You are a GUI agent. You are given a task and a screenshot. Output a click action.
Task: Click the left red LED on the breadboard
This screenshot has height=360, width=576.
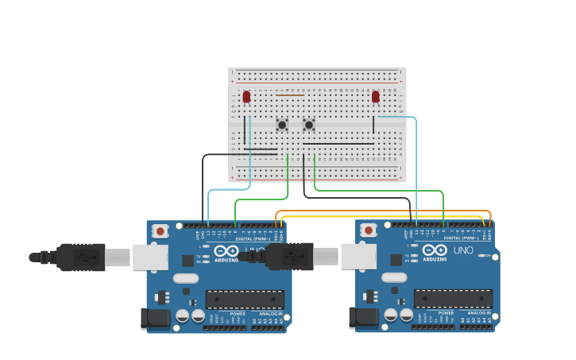246,97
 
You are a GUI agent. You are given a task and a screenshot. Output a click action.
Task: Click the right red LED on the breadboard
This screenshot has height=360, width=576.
376,97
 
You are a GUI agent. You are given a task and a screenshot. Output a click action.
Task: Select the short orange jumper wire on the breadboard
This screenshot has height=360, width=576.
290,95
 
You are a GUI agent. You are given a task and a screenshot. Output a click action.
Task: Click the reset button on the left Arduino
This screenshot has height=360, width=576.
160,231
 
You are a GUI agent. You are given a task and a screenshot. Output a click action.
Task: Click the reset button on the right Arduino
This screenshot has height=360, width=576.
369,230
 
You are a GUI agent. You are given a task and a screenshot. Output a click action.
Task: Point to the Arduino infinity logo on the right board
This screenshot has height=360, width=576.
434,250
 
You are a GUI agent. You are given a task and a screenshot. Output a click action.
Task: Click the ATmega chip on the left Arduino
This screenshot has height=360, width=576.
245,299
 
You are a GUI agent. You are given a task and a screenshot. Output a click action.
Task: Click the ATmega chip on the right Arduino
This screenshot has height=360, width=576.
453,299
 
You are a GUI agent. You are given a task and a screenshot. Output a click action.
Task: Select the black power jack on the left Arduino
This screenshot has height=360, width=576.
155,319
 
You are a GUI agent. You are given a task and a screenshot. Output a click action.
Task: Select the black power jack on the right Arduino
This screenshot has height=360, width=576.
363,319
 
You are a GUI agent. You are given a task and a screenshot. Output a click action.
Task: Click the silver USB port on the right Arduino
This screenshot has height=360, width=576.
357,256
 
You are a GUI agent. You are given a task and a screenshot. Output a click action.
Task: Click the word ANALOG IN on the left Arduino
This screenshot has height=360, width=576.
270,314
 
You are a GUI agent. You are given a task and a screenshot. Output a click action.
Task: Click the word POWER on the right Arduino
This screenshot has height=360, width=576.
446,314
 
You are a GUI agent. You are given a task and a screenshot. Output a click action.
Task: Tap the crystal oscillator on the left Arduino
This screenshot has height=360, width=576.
185,278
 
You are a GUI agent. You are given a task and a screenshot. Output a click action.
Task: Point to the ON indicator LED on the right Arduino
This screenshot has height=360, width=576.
482,255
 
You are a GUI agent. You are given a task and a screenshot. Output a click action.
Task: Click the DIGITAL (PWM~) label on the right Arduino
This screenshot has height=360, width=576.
461,238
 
